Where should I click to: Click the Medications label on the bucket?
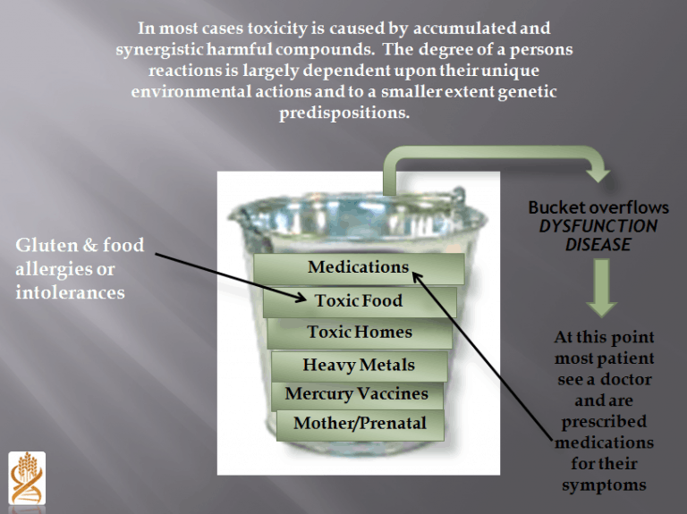[x=358, y=267]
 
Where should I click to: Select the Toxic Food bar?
[x=359, y=301]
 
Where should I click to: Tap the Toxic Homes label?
[x=360, y=333]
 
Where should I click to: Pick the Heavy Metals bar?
[x=359, y=365]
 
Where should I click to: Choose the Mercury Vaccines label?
[x=356, y=394]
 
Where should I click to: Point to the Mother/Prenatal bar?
[x=360, y=424]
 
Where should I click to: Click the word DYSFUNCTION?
[x=598, y=226]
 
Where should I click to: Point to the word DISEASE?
[x=598, y=244]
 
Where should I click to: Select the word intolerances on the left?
[x=70, y=292]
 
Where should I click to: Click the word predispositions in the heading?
[x=344, y=114]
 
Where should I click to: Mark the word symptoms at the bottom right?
[x=604, y=485]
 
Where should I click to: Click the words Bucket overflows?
[x=598, y=207]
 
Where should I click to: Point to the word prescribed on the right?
[x=604, y=422]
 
